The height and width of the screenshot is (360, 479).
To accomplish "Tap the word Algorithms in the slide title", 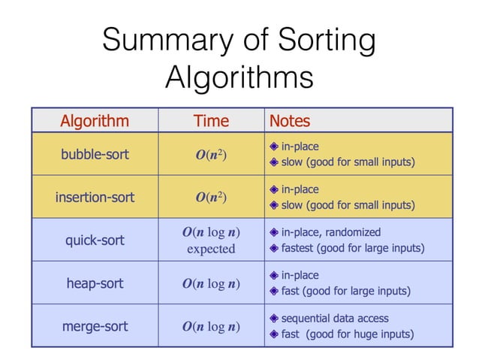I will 239,77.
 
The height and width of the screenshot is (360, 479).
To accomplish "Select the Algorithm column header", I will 95,121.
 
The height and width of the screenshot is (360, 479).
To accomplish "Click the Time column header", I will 211,121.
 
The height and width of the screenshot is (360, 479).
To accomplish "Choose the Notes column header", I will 289,121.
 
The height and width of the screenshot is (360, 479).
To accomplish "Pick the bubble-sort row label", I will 95,155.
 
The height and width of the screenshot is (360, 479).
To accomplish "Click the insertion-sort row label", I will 95,198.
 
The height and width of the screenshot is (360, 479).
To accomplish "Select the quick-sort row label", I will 95,241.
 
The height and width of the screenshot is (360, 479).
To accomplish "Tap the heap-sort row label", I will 95,283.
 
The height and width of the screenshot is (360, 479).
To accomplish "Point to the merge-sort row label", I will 95,326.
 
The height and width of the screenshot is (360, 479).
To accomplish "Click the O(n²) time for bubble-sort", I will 211,156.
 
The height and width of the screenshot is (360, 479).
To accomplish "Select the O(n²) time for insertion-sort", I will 211,198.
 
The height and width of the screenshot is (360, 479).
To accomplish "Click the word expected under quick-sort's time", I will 211,250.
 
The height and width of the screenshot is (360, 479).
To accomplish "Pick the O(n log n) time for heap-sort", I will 211,284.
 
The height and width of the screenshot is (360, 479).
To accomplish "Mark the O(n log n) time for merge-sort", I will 211,327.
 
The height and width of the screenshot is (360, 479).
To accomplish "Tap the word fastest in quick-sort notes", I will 300,248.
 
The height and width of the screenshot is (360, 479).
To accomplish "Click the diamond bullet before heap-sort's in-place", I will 275,275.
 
